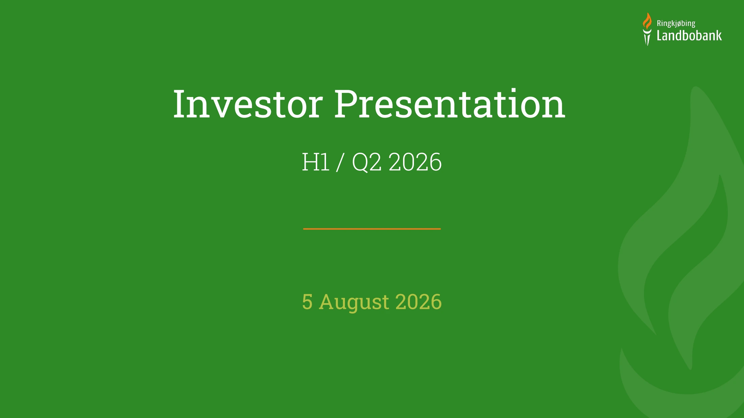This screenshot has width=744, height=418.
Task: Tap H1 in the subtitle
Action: (316, 162)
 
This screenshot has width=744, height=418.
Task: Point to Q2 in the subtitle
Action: (367, 162)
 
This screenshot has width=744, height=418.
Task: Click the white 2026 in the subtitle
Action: (415, 162)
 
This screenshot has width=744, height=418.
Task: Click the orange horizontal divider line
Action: (372, 229)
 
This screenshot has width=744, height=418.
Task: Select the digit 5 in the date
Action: (307, 301)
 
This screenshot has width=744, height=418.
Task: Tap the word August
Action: (354, 302)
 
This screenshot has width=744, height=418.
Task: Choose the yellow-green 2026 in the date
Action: (418, 301)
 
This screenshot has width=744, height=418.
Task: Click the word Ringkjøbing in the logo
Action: (676, 24)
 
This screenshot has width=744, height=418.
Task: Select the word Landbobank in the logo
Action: (689, 35)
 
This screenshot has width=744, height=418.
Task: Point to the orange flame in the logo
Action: (647, 21)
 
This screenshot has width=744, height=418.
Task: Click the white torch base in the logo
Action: (647, 37)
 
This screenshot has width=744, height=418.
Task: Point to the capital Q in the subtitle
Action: (361, 163)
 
